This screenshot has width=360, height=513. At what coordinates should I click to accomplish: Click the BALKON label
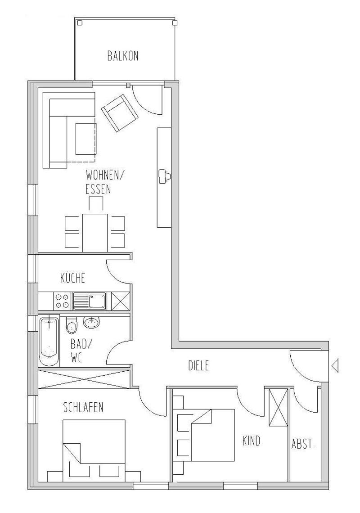pyautogui.click(x=123, y=56)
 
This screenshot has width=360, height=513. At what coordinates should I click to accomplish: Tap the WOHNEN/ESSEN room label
pyautogui.click(x=104, y=182)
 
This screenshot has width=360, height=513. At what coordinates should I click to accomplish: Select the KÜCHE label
pyautogui.click(x=72, y=278)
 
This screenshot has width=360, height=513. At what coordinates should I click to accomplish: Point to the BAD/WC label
pyautogui.click(x=81, y=351)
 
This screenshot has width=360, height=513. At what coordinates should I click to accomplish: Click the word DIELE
pyautogui.click(x=198, y=366)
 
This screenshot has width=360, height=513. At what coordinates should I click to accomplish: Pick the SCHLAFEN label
pyautogui.click(x=83, y=407)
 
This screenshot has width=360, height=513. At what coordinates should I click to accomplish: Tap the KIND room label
pyautogui.click(x=251, y=441)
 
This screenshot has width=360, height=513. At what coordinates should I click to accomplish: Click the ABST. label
pyautogui.click(x=303, y=445)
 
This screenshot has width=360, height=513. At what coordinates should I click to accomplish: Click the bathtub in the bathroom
pyautogui.click(x=49, y=341)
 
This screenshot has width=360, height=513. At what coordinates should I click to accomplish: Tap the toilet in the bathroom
pyautogui.click(x=71, y=324)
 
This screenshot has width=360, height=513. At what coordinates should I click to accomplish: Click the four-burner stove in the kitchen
pyautogui.click(x=62, y=301)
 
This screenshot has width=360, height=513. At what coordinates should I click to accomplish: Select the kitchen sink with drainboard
pyautogui.click(x=90, y=301)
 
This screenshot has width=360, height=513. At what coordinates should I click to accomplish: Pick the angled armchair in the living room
pyautogui.click(x=119, y=112)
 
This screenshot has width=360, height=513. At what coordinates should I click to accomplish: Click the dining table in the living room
pyautogui.click(x=95, y=233)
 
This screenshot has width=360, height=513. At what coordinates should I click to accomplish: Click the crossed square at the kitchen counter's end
pyautogui.click(x=121, y=301)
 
